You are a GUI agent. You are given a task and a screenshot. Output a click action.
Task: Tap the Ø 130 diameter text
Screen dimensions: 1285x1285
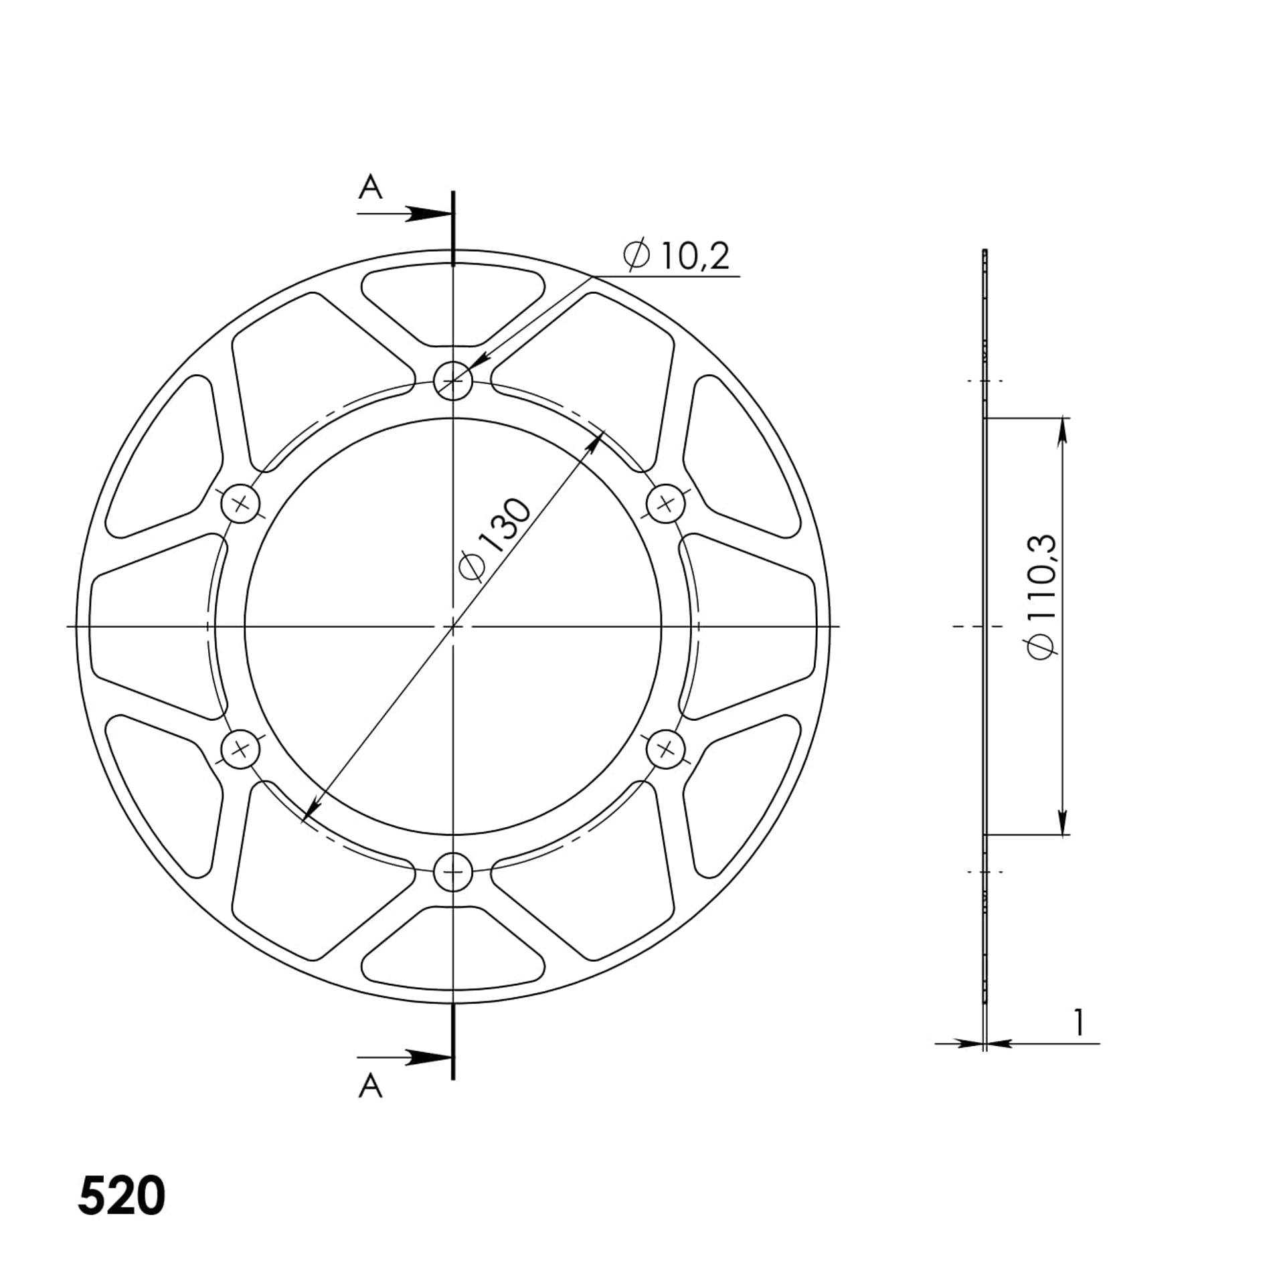click(495, 540)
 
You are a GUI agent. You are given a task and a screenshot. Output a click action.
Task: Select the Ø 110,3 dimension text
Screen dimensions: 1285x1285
click(1043, 596)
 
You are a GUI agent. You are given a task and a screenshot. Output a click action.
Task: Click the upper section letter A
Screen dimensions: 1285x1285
click(370, 187)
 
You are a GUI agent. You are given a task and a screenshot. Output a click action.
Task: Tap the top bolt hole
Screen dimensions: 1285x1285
click(453, 381)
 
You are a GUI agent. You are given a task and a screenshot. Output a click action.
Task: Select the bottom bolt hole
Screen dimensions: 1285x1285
click(453, 871)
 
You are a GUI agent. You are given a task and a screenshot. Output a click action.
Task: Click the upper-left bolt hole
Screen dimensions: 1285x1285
click(241, 504)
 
